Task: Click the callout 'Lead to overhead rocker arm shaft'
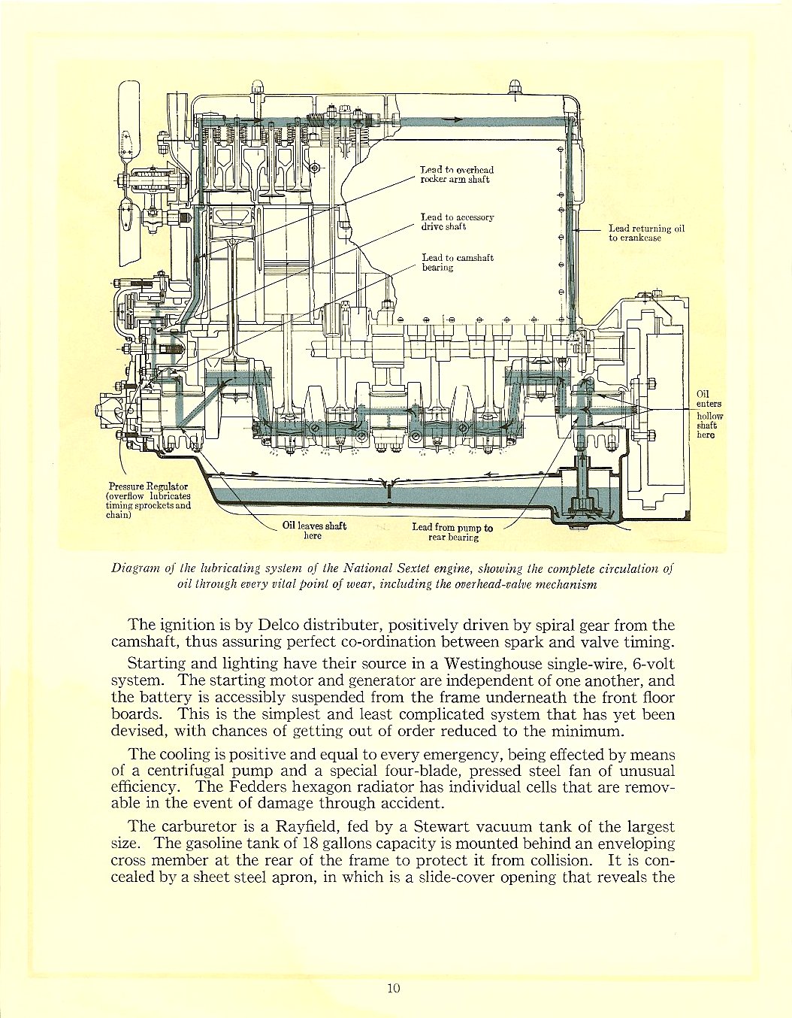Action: point(456,174)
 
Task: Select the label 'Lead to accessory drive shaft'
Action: point(457,221)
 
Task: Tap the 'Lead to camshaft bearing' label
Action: point(457,262)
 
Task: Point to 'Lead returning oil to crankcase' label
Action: point(646,233)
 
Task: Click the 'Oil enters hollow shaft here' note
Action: point(709,414)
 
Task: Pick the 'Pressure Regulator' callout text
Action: point(149,500)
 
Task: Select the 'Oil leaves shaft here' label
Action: point(314,531)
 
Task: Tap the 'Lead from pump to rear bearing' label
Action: point(452,532)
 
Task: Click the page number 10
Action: point(394,988)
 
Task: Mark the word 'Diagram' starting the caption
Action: point(134,568)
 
